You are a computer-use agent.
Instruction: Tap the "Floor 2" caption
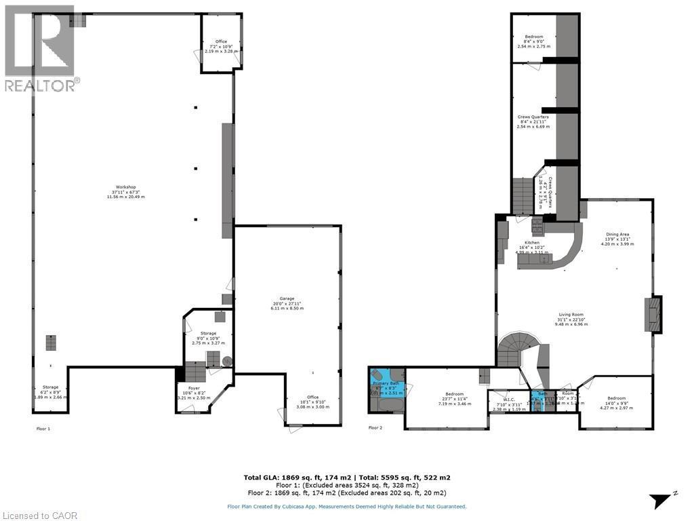(x=375, y=428)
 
